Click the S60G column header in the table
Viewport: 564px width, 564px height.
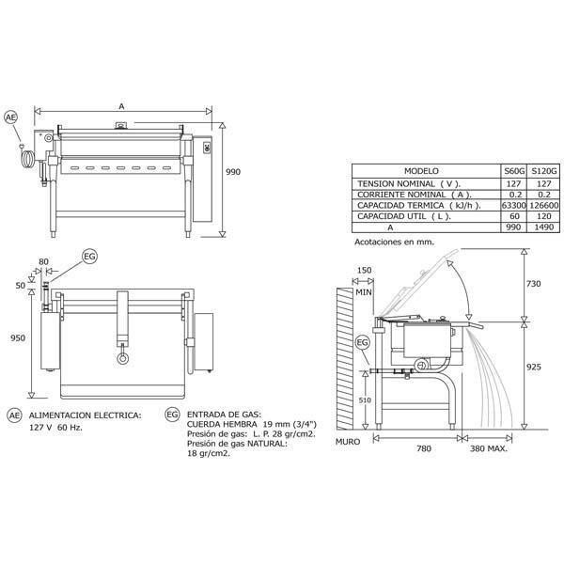pos(514,171)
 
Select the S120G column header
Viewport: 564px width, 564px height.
pos(544,171)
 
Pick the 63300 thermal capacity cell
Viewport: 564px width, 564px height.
pos(514,205)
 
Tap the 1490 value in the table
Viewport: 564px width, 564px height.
pos(544,227)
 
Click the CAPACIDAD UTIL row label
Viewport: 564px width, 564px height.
pos(403,216)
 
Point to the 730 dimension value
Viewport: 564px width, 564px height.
pos(533,284)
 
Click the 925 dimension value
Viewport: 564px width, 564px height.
pos(533,367)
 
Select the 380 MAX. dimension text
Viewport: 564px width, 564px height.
pos(489,448)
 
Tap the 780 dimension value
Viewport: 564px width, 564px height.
pos(424,448)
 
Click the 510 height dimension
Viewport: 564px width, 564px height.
pos(365,400)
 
